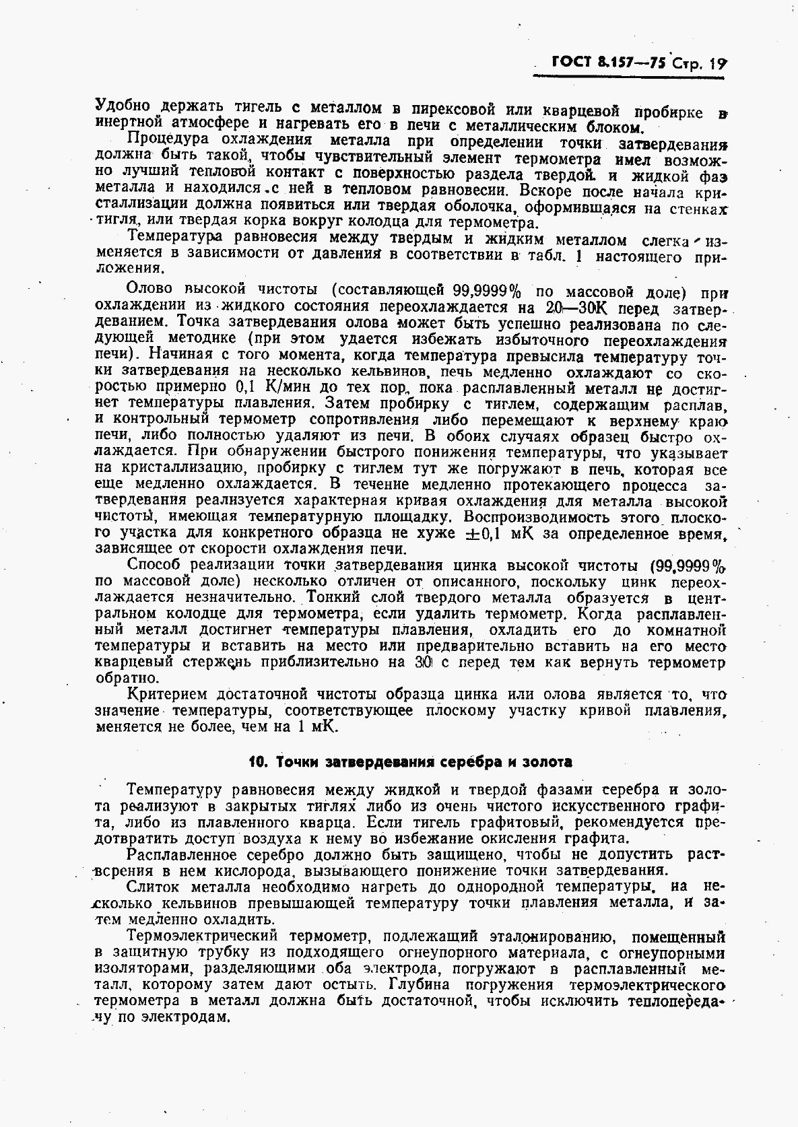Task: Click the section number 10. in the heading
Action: click(258, 762)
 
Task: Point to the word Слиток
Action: click(152, 887)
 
